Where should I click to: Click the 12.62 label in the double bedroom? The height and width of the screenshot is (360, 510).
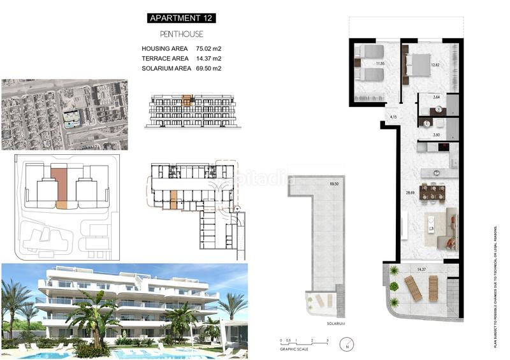click(x=435, y=65)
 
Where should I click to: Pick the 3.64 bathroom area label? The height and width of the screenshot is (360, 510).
click(x=437, y=97)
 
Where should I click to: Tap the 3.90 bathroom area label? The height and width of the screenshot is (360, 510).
click(x=437, y=136)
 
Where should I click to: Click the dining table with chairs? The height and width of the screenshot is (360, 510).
click(x=432, y=192)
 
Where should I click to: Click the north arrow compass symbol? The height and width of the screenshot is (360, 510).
click(x=346, y=347)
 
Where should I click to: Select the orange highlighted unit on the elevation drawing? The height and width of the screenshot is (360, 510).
click(x=186, y=100)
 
